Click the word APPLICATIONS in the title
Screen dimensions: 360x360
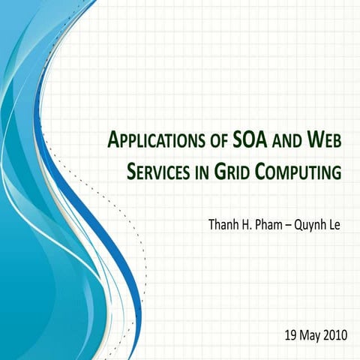pyautogui.click(x=154, y=140)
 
